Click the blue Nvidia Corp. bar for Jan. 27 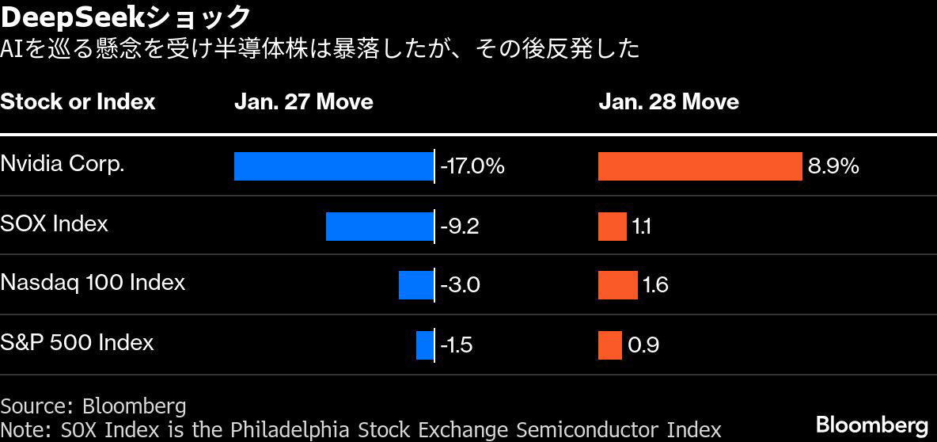333,166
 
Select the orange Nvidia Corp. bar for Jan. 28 700,166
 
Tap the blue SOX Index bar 379,226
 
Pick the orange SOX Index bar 613,226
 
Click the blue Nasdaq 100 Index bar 416,284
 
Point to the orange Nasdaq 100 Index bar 618,284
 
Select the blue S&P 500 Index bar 425,345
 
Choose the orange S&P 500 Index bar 610,345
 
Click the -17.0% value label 472,166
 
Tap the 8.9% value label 833,166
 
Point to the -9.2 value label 460,226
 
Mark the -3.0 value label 460,284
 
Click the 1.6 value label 655,284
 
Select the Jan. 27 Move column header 304,101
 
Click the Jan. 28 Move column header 669,101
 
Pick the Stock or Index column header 78,101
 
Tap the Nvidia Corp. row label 63,164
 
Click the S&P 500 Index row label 77,343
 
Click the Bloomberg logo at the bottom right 872,425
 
